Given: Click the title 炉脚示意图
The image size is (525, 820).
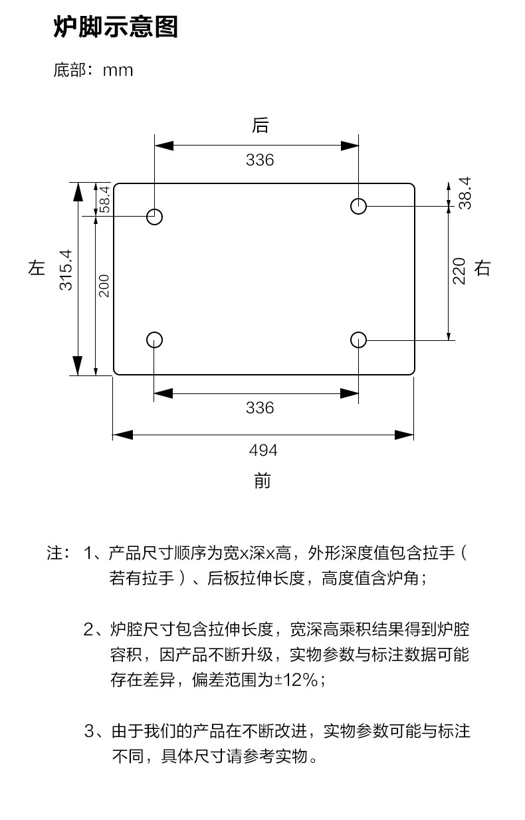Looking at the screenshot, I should click(x=116, y=28).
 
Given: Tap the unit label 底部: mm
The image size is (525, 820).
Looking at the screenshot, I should click(x=93, y=70).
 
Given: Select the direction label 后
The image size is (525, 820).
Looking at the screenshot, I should click(x=260, y=125).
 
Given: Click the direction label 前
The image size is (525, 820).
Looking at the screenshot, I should click(x=262, y=480).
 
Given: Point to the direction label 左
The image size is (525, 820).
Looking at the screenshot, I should click(x=37, y=268).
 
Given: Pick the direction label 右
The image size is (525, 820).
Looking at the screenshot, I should click(x=482, y=268).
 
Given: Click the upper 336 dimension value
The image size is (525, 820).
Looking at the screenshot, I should click(x=260, y=160).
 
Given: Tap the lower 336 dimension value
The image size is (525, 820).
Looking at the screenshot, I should click(x=260, y=407).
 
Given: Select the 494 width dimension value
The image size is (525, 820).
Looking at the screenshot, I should click(x=263, y=451).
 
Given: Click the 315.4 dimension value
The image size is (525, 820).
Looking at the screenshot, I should click(x=65, y=270).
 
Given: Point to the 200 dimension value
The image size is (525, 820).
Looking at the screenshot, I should click(x=104, y=285).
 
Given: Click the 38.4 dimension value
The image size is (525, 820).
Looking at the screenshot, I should click(x=465, y=193).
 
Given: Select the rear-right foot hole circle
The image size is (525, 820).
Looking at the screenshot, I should click(x=359, y=206).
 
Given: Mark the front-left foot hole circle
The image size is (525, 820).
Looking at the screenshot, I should click(x=154, y=340).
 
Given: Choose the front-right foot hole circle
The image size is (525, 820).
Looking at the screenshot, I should click(x=359, y=340).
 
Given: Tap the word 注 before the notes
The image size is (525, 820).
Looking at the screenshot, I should click(x=54, y=553).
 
